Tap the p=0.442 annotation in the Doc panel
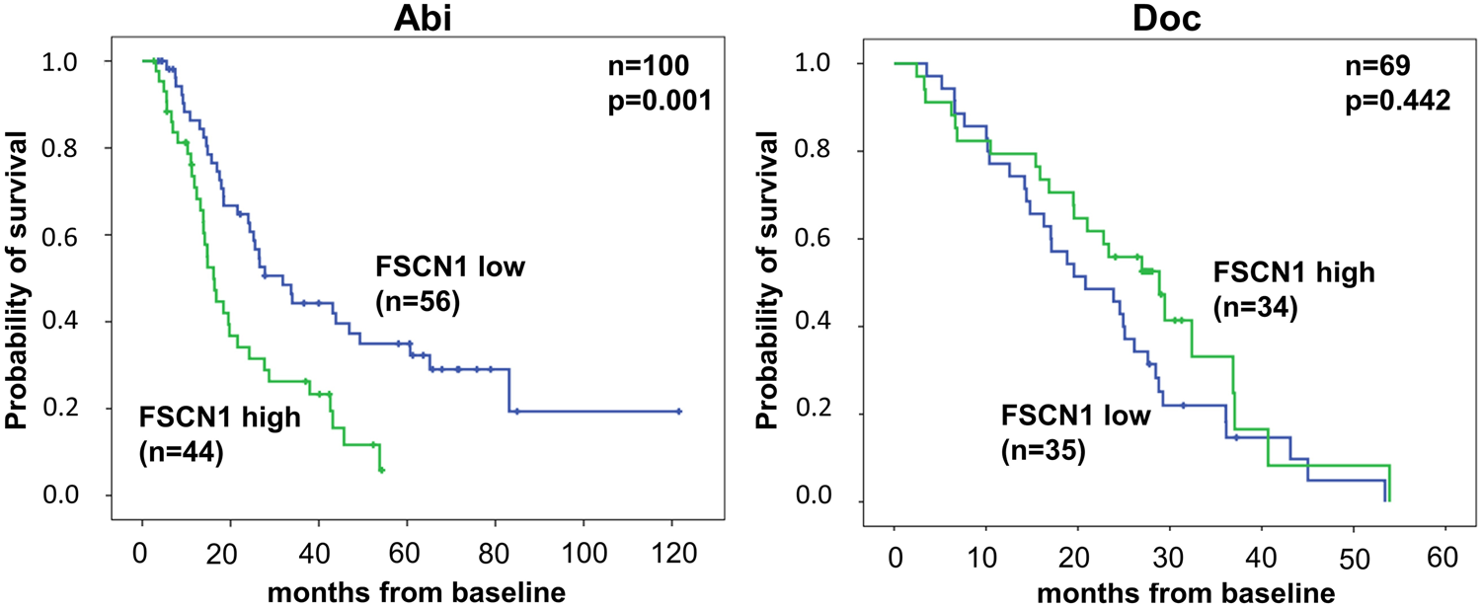point(1397,102)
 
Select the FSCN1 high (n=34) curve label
point(1293,289)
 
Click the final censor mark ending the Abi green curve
point(381,471)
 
